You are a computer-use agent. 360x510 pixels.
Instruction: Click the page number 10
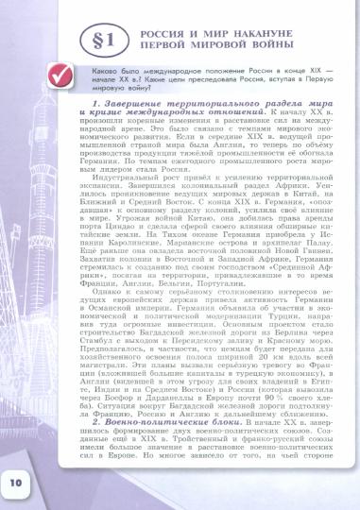point(18,483)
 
